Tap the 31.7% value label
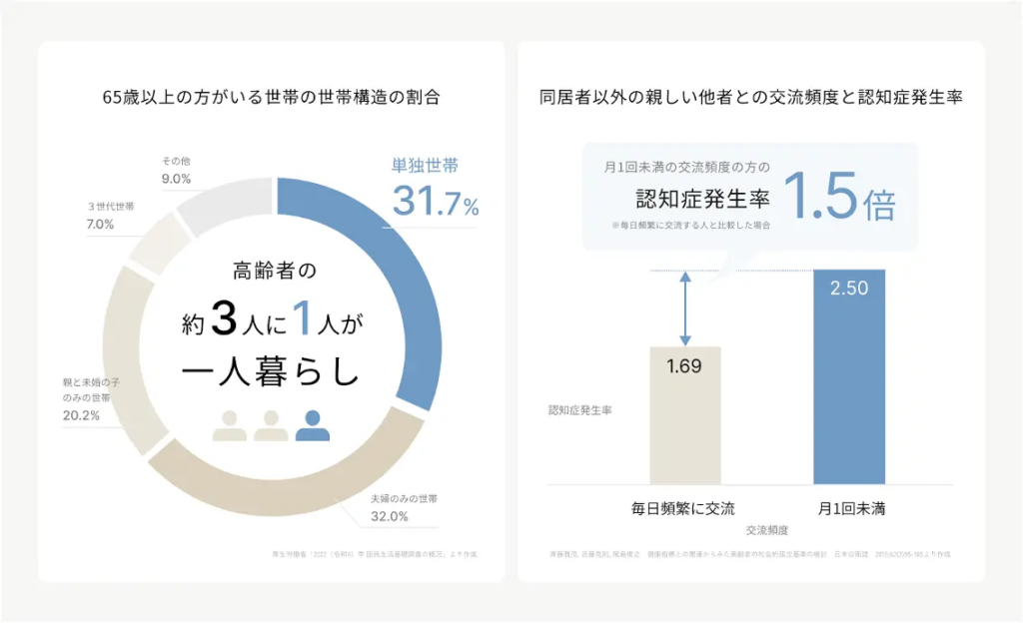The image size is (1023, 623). [435, 202]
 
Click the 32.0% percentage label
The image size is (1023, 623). [390, 516]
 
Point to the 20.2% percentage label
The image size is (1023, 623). [81, 415]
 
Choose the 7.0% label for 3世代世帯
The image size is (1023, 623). [101, 225]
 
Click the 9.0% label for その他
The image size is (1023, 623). [176, 181]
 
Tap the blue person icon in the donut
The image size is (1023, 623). [312, 425]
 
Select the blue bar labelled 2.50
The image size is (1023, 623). [849, 379]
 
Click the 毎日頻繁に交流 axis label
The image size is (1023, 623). [683, 508]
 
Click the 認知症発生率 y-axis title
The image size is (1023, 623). [578, 409]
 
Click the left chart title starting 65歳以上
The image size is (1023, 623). [272, 99]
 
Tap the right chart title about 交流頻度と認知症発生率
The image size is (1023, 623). [750, 99]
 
